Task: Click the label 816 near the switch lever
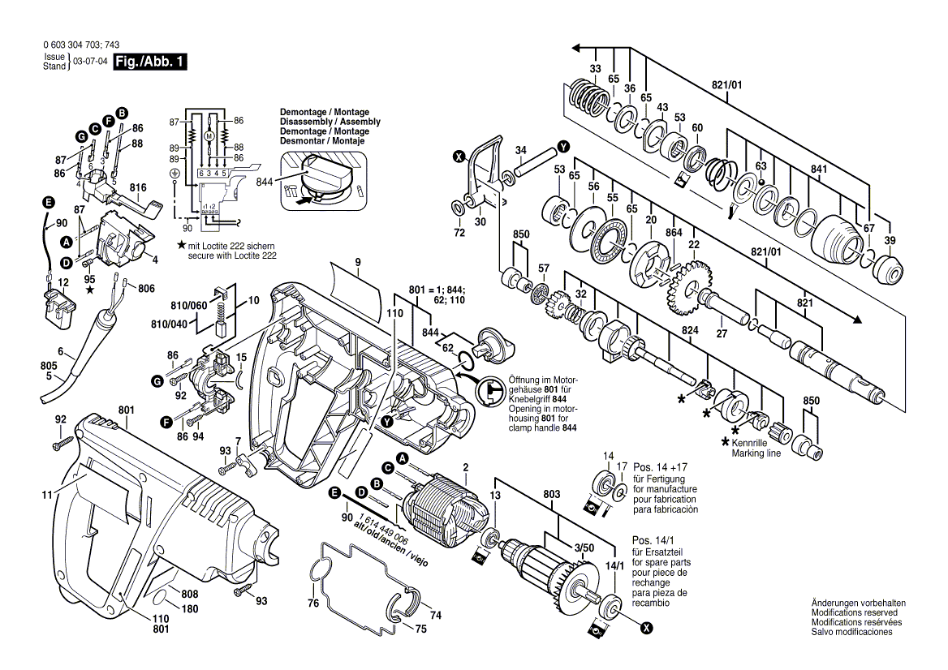pyautogui.click(x=139, y=188)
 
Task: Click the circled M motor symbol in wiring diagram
pyautogui.click(x=209, y=137)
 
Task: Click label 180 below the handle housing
pyautogui.click(x=189, y=608)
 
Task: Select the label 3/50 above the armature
pyautogui.click(x=582, y=549)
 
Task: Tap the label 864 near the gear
pyautogui.click(x=673, y=233)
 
